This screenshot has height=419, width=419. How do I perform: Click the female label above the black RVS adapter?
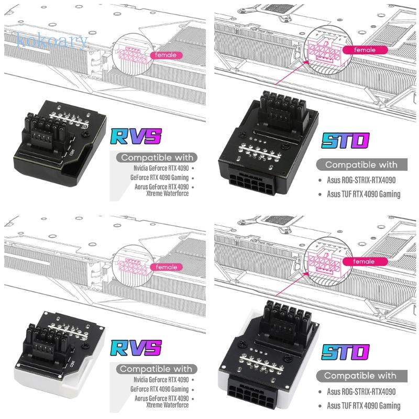point(166,55)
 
